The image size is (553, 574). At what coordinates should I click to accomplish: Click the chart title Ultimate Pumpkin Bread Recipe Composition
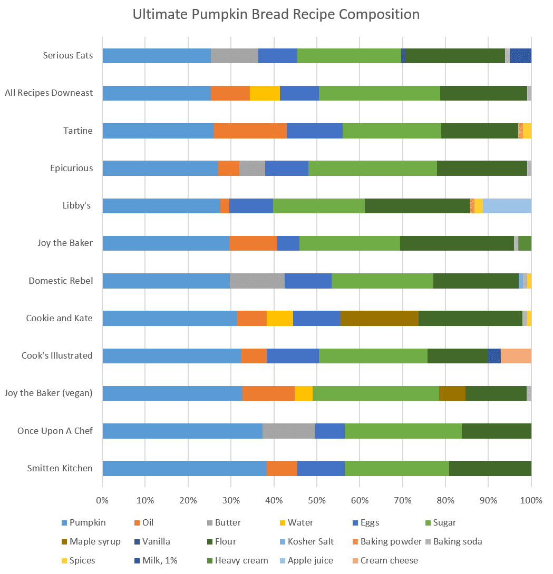click(276, 14)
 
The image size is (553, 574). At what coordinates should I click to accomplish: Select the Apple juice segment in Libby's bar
click(507, 206)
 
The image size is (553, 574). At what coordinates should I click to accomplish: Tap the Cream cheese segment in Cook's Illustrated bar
click(516, 356)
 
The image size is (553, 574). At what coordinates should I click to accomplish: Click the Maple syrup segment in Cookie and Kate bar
click(379, 319)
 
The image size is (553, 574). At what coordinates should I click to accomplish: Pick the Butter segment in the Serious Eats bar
click(234, 56)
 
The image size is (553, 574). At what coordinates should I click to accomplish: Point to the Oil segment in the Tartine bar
click(250, 131)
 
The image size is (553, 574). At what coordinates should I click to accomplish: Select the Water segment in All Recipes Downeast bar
click(265, 93)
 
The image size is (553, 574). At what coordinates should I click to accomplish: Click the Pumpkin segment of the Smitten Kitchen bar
click(184, 469)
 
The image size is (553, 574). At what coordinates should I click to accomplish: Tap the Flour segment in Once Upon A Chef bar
click(496, 431)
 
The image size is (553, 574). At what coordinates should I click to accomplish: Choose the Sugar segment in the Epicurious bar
click(372, 169)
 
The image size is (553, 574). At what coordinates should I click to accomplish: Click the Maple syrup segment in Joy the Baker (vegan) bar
click(452, 393)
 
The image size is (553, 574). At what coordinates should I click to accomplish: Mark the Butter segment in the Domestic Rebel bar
click(257, 281)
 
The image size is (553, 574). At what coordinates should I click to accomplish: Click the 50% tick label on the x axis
click(317, 500)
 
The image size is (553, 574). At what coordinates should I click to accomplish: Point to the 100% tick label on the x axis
click(531, 500)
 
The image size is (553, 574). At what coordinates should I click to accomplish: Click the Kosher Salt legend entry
click(311, 541)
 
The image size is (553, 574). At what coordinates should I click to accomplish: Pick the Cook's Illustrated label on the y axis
click(57, 356)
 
